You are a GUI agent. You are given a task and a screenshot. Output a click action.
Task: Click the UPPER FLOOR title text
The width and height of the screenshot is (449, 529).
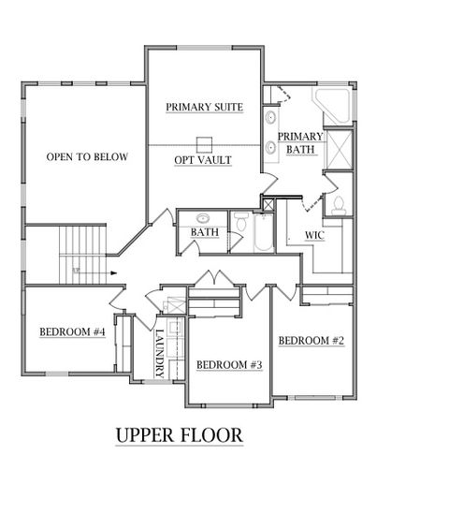(179, 435)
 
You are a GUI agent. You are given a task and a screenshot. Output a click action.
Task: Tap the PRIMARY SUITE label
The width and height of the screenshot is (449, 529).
(204, 108)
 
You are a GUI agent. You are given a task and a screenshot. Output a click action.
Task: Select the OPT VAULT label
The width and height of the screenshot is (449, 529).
(203, 160)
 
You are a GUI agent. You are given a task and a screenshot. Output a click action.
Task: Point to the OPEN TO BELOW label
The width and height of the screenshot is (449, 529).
(87, 156)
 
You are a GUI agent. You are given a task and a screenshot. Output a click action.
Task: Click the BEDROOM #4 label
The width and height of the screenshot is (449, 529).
(72, 332)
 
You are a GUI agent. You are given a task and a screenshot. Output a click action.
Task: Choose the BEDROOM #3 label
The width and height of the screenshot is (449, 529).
(228, 364)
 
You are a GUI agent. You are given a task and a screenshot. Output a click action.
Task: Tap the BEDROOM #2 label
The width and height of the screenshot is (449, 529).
(311, 340)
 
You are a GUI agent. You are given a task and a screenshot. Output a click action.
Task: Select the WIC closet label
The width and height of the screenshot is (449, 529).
(315, 235)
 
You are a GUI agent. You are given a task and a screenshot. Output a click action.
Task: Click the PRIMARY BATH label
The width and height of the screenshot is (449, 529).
(300, 142)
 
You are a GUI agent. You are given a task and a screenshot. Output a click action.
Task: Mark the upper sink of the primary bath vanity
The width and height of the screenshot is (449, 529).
(270, 119)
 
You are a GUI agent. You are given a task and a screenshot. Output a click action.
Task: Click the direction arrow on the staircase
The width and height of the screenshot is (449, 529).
(111, 273)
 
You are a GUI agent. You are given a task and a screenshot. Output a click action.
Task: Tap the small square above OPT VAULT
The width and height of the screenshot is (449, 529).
(203, 143)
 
